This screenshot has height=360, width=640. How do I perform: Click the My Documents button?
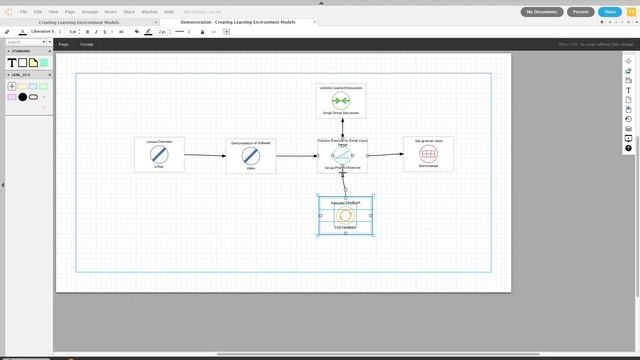tap(542, 12)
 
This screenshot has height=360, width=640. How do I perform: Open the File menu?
tap(24, 11)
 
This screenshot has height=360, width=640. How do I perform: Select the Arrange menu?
tap(90, 11)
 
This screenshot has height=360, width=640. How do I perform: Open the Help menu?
tap(169, 11)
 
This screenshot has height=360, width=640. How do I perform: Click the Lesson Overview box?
tap(159, 154)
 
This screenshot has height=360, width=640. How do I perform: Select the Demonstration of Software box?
tap(250, 155)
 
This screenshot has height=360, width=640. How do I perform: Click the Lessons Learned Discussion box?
tap(341, 101)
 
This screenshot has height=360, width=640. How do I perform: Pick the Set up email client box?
tap(428, 154)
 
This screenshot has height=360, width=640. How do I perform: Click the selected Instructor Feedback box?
tap(346, 215)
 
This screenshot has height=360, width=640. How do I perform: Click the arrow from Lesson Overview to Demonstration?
tap(204, 155)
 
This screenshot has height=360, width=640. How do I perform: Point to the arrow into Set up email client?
tap(385, 155)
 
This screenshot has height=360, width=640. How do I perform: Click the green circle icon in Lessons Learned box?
tap(341, 101)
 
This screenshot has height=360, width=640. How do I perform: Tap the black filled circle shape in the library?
tap(22, 97)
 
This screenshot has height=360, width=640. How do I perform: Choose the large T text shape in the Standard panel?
tap(12, 63)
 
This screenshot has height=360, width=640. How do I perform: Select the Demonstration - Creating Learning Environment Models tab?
tap(238, 21)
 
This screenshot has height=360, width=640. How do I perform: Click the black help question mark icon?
tap(628, 148)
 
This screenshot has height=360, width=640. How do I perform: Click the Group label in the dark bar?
tap(87, 44)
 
